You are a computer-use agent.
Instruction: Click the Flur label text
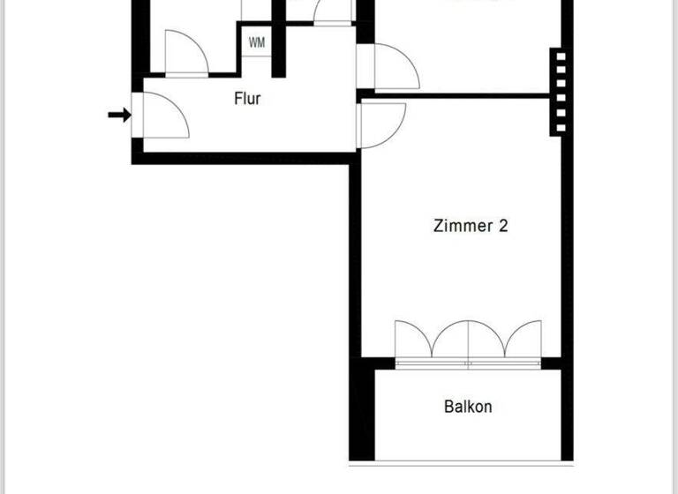[247, 99]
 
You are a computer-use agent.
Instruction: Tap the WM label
[257, 42]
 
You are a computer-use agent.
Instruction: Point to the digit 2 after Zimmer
[503, 226]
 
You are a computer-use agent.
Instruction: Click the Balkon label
[468, 407]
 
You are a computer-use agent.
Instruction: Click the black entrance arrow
[119, 115]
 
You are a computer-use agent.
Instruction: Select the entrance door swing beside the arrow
[164, 115]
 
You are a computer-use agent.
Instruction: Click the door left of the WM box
[185, 52]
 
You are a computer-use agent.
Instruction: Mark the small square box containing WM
[257, 42]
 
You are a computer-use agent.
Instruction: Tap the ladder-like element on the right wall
[558, 92]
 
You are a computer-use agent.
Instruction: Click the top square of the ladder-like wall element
[558, 58]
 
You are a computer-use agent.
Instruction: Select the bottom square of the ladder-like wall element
[558, 125]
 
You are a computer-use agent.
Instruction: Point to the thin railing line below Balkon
[459, 462]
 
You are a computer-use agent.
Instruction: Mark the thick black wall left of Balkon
[362, 410]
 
